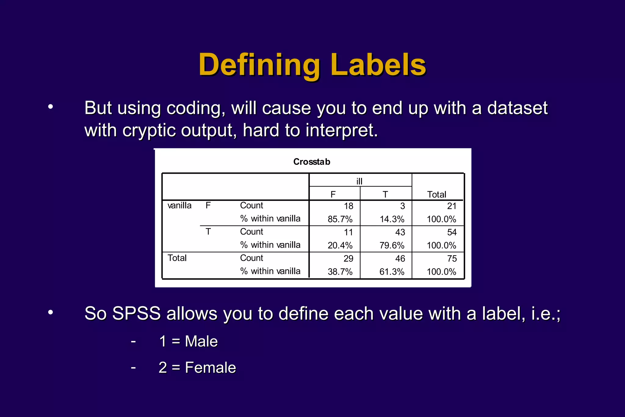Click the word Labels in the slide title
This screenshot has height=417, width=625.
tap(378, 65)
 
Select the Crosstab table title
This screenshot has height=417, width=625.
tap(312, 162)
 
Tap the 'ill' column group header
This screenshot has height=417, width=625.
tap(359, 181)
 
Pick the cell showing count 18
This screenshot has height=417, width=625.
tap(349, 206)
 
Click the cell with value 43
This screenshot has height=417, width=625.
tap(400, 232)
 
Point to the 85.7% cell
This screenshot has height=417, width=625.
tap(340, 219)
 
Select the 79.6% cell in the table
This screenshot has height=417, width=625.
tap(392, 245)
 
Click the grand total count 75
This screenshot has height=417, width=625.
tap(452, 259)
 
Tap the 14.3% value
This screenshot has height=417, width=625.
tap(392, 219)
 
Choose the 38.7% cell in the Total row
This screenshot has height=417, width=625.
tap(340, 272)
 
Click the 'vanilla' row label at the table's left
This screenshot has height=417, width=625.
tap(179, 205)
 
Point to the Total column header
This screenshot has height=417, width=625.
tap(437, 194)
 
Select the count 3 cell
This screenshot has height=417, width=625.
tap(403, 206)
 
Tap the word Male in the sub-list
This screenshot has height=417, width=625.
tap(201, 341)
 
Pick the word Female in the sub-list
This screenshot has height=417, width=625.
tap(210, 368)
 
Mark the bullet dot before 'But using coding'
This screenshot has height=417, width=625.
tap(51, 107)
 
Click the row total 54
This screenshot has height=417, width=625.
tap(452, 232)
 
